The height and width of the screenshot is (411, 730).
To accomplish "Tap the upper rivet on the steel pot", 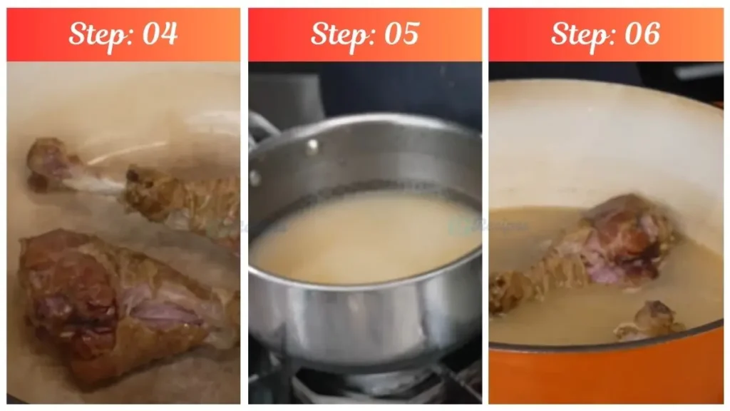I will [312, 146].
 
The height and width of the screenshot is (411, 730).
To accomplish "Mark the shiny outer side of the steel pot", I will [356, 321].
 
